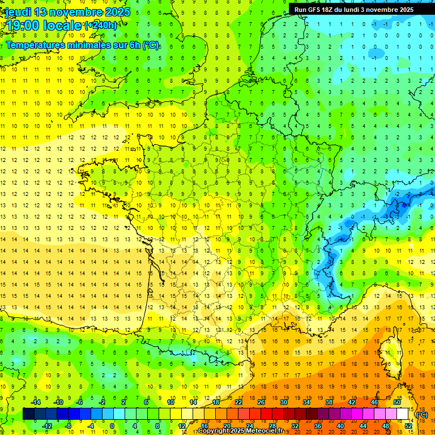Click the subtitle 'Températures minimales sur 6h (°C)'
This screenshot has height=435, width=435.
(x=83, y=45)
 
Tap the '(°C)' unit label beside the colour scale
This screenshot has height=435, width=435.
(x=421, y=415)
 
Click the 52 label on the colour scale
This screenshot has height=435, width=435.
(x=408, y=425)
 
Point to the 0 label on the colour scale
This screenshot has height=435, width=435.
(x=112, y=425)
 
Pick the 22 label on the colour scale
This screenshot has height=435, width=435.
(x=238, y=402)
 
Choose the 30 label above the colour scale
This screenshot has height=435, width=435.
(x=284, y=402)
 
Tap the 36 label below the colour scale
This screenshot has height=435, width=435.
(x=318, y=425)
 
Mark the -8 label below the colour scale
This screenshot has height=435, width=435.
(x=68, y=425)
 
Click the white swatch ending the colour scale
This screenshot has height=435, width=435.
(x=403, y=414)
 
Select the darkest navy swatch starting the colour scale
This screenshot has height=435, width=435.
(x=28, y=414)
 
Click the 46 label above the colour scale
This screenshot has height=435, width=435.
(x=374, y=402)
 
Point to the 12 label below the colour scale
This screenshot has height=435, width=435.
(x=182, y=425)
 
